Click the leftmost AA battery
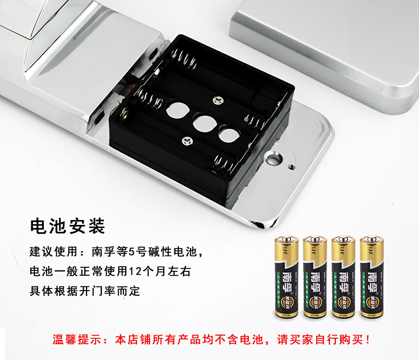(x=286, y=277)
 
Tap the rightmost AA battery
(x=372, y=277)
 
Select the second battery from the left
(x=315, y=277)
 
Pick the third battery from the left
(x=343, y=277)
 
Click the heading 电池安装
(x=67, y=226)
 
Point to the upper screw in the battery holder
(x=218, y=100)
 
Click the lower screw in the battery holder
(x=187, y=141)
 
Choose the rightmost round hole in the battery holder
(x=229, y=134)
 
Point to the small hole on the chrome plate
(x=291, y=167)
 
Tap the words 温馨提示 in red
(x=77, y=340)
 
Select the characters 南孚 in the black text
(x=103, y=252)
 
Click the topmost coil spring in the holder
(x=185, y=59)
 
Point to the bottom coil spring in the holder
(x=225, y=164)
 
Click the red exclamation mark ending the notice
(x=368, y=340)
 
